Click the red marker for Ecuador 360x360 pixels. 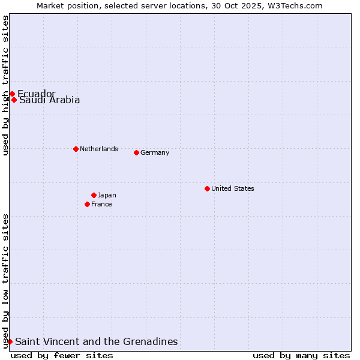click(12, 94)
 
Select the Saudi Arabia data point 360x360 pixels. click(14, 100)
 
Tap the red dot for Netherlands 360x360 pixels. click(76, 149)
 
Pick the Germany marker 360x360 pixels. click(136, 152)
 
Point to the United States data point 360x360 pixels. click(207, 188)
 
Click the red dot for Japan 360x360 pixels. click(94, 195)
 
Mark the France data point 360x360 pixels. click(87, 204)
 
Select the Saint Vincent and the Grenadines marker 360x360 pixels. click(10, 341)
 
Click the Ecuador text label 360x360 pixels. click(37, 94)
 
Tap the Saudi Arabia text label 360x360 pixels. click(49, 100)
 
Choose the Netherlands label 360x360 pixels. click(99, 149)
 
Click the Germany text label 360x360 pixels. click(155, 152)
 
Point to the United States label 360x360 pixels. click(233, 188)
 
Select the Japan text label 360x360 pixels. click(107, 195)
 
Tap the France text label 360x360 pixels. click(101, 204)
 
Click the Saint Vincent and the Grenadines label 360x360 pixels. click(97, 341)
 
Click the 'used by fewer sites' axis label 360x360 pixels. click(62, 355)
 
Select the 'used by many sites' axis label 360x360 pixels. click(301, 355)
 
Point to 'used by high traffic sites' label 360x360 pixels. click(5, 85)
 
